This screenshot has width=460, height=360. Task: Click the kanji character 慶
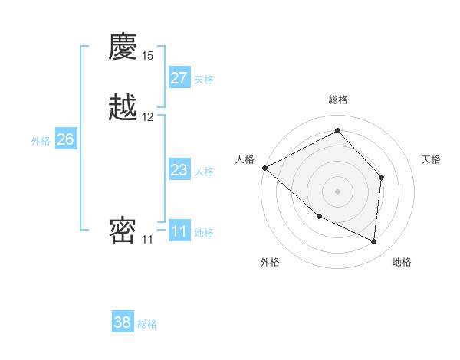point(123,49)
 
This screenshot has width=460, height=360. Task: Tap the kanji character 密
point(123,231)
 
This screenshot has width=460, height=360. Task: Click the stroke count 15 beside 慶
point(148,56)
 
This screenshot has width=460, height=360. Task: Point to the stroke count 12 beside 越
point(148,117)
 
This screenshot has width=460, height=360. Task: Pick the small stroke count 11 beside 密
point(147,239)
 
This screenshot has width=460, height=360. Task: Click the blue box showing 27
point(179,78)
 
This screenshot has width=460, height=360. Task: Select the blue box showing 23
point(179,170)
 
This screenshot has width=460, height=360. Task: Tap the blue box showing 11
point(179,231)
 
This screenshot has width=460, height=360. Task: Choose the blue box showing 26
point(66,139)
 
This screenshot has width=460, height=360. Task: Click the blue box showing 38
point(123,322)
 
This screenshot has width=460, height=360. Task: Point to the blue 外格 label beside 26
point(41,141)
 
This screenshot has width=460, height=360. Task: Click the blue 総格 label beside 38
point(147,325)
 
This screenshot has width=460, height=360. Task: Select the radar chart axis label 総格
point(338,100)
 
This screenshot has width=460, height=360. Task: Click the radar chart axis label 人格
point(245,159)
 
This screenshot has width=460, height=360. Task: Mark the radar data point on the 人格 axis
point(264,168)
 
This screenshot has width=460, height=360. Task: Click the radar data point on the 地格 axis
point(374,241)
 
